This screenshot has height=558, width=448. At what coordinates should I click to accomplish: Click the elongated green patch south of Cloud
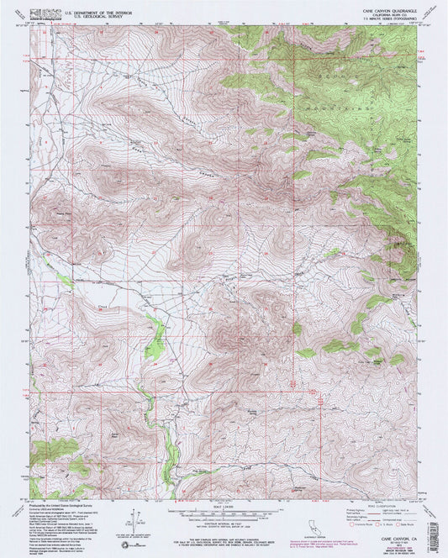tap(153, 341)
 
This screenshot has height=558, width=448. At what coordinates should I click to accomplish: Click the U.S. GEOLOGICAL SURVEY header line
tap(80, 16)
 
